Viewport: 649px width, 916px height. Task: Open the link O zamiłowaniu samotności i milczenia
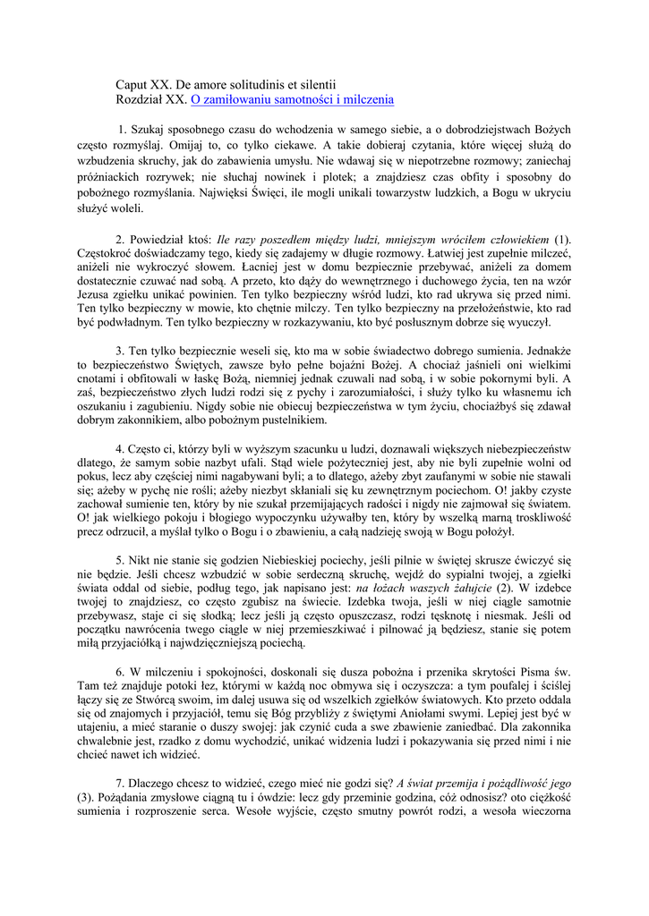[292, 100]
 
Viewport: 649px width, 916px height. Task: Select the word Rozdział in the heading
[140, 100]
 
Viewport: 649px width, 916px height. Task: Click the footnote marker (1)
[562, 240]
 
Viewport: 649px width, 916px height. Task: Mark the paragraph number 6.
[120, 671]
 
